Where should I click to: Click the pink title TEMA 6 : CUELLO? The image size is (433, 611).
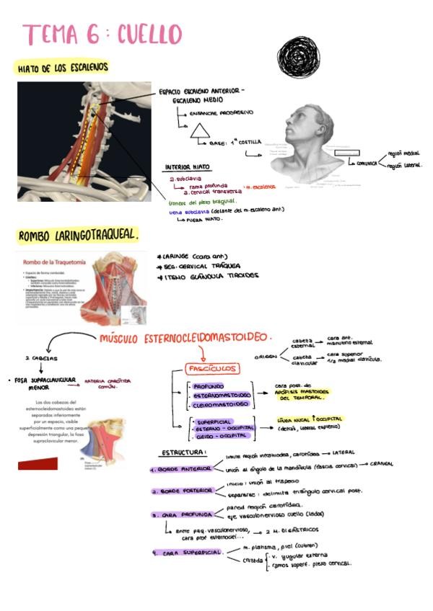tap(102, 35)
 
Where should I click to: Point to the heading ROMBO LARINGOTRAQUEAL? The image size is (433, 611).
tap(78, 236)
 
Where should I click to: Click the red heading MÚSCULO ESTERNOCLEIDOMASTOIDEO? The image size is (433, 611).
tap(187, 337)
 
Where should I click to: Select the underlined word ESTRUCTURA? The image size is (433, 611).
tap(183, 452)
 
